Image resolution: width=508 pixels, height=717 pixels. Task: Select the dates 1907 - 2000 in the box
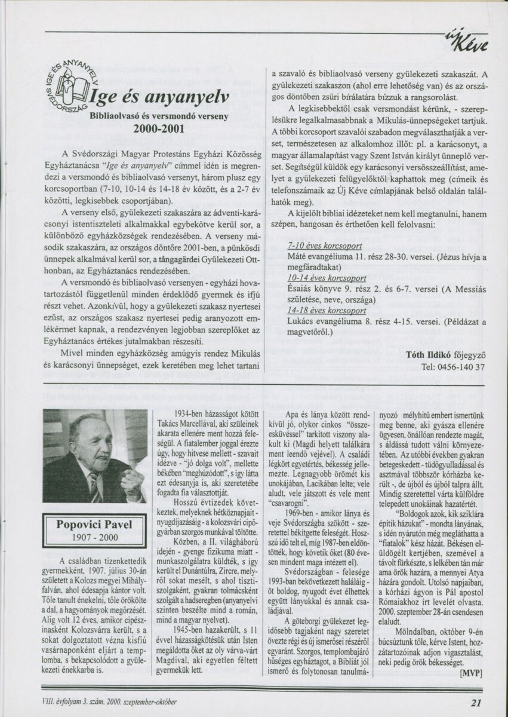(x=94, y=537)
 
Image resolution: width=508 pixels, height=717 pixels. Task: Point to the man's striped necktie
(x=94, y=486)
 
